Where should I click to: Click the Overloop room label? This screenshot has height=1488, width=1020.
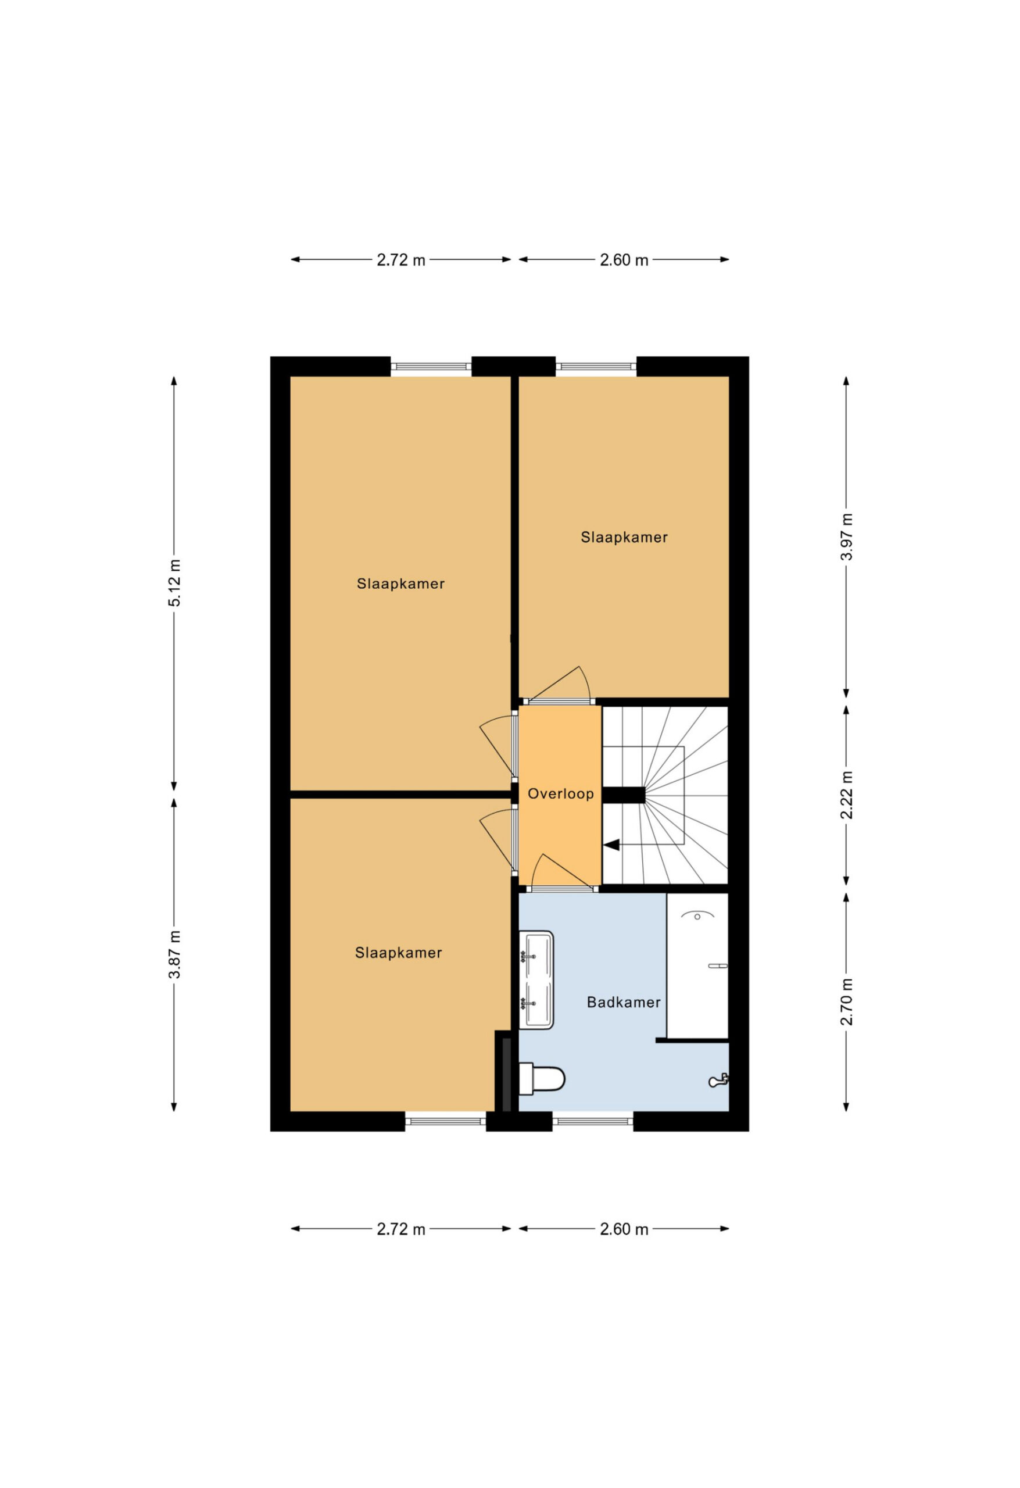[x=560, y=794]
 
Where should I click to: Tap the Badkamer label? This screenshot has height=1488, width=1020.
[x=624, y=1002]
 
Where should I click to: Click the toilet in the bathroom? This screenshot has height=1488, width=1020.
[x=542, y=1079]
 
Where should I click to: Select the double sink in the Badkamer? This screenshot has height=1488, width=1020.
[x=536, y=979]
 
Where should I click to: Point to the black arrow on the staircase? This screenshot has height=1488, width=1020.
[x=611, y=845]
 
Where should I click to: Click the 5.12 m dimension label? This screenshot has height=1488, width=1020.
[x=175, y=582]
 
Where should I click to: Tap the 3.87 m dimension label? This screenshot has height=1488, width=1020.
[x=175, y=954]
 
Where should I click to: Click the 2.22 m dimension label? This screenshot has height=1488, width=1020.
[x=846, y=795]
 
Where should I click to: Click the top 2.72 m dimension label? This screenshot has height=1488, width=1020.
[x=401, y=260]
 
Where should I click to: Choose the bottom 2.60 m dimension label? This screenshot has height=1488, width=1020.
[x=624, y=1229]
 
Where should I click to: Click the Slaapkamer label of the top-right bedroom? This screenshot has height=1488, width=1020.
[x=624, y=537]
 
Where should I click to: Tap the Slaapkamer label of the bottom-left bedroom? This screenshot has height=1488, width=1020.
[x=398, y=953]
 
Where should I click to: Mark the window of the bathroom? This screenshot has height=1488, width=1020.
[x=593, y=1121]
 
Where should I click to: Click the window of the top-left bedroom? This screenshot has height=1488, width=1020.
[x=431, y=367]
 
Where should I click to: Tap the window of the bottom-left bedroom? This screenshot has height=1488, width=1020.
[x=446, y=1121]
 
